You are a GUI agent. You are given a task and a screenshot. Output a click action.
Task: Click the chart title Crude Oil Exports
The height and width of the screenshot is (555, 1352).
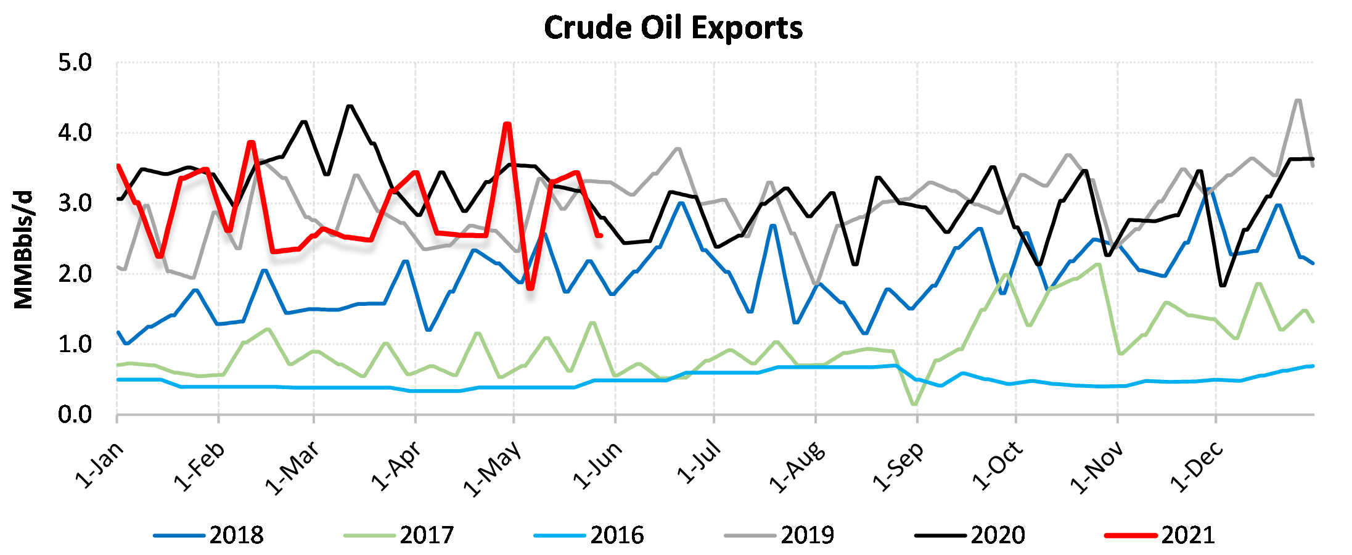point(673,28)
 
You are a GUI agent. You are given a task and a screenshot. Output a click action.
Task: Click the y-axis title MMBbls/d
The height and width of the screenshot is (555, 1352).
point(23,250)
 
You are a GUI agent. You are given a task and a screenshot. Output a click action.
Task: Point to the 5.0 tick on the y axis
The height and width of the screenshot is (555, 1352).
point(75,63)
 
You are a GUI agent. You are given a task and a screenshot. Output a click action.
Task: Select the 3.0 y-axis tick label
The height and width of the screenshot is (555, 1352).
point(75,203)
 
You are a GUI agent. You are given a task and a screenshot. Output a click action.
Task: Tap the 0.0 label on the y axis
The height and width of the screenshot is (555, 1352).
point(75,415)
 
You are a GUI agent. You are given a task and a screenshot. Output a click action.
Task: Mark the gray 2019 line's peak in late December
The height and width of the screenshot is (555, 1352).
point(1298,100)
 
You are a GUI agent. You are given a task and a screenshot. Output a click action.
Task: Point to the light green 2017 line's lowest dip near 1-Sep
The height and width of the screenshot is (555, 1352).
point(914,405)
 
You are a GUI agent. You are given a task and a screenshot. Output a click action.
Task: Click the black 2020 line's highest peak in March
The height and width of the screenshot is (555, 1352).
point(350,106)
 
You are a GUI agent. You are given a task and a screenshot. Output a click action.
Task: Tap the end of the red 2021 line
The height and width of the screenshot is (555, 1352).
point(600,236)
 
